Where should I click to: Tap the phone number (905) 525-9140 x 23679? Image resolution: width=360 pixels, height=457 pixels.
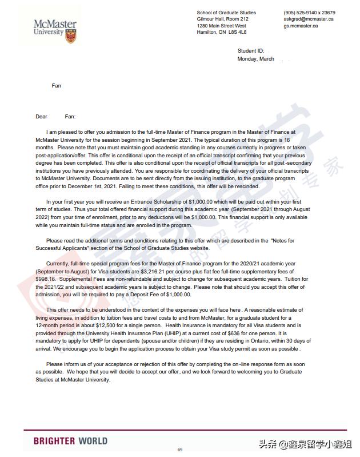click(x=309, y=13)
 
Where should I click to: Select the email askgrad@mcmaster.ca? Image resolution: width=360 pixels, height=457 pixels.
click(x=308, y=19)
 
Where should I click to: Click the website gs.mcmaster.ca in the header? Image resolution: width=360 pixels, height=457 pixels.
click(x=301, y=26)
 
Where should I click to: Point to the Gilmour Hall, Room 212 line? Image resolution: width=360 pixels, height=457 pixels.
click(x=222, y=19)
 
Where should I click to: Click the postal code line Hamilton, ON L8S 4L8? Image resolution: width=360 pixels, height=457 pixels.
click(x=221, y=32)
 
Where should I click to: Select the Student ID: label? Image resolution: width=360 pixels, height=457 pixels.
click(x=250, y=51)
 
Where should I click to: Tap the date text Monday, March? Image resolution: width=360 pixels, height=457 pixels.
click(x=255, y=59)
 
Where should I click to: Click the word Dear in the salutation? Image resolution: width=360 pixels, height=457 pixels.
click(x=41, y=117)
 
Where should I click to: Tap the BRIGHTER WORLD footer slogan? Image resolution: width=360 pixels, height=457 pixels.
click(x=70, y=441)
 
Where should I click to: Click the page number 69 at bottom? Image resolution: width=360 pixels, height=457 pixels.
click(x=180, y=450)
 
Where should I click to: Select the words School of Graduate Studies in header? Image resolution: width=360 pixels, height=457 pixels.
click(x=226, y=13)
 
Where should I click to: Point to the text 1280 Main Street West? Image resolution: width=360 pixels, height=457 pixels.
click(x=221, y=26)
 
